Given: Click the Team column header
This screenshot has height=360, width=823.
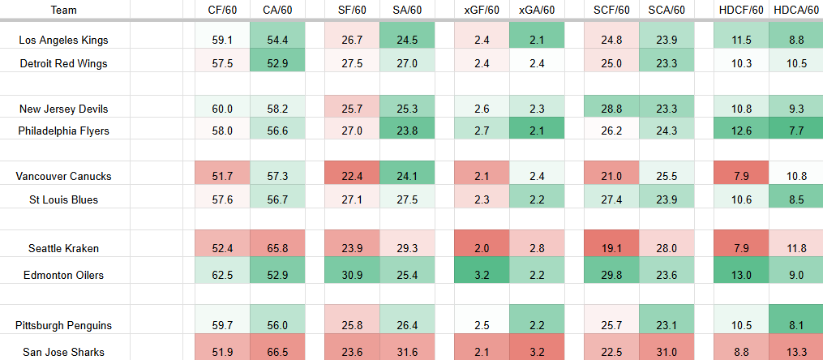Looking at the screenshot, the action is (63, 10).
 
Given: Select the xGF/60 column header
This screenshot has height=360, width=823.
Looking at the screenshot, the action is (482, 10).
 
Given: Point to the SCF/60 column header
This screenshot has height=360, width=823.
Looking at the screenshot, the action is (612, 10).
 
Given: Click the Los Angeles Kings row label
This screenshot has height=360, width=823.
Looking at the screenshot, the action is (63, 40).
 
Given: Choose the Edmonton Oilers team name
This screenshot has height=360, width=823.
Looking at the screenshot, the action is (63, 275).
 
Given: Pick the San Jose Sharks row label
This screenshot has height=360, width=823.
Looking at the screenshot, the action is (63, 352).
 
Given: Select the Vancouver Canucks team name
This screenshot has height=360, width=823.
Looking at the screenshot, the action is (63, 176).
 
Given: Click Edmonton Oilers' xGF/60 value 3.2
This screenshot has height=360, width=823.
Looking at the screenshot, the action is (482, 275).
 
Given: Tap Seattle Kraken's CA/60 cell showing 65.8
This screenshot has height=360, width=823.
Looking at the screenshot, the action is (277, 248).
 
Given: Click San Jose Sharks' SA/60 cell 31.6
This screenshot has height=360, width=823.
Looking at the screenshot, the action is (406, 352).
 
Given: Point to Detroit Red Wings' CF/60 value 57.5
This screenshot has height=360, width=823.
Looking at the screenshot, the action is (222, 63).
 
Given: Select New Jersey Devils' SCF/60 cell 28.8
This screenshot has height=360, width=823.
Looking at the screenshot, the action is (612, 109).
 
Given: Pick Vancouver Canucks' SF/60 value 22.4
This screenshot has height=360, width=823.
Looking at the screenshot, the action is (352, 176).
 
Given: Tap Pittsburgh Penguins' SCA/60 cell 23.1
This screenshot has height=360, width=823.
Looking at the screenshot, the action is (667, 325).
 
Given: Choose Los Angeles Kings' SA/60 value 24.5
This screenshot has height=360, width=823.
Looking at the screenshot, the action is (406, 40).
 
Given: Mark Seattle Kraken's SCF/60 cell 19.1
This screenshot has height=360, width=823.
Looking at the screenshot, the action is (612, 248).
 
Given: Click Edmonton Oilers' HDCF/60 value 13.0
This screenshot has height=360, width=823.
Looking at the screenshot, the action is (740, 275).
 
